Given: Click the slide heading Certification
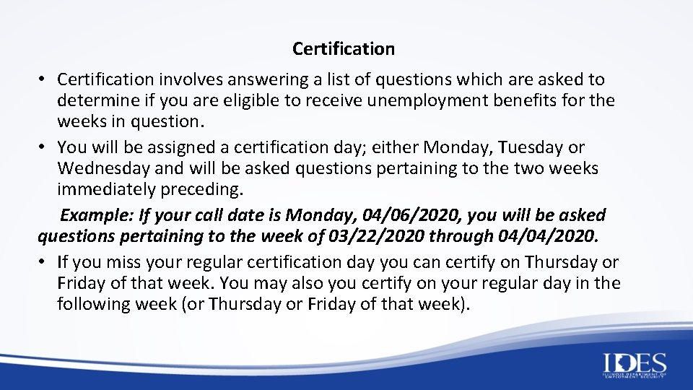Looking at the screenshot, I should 344,49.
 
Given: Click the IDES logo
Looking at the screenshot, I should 633,365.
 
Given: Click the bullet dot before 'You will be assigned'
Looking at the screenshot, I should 43,147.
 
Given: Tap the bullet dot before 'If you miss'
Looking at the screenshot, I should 43,262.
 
